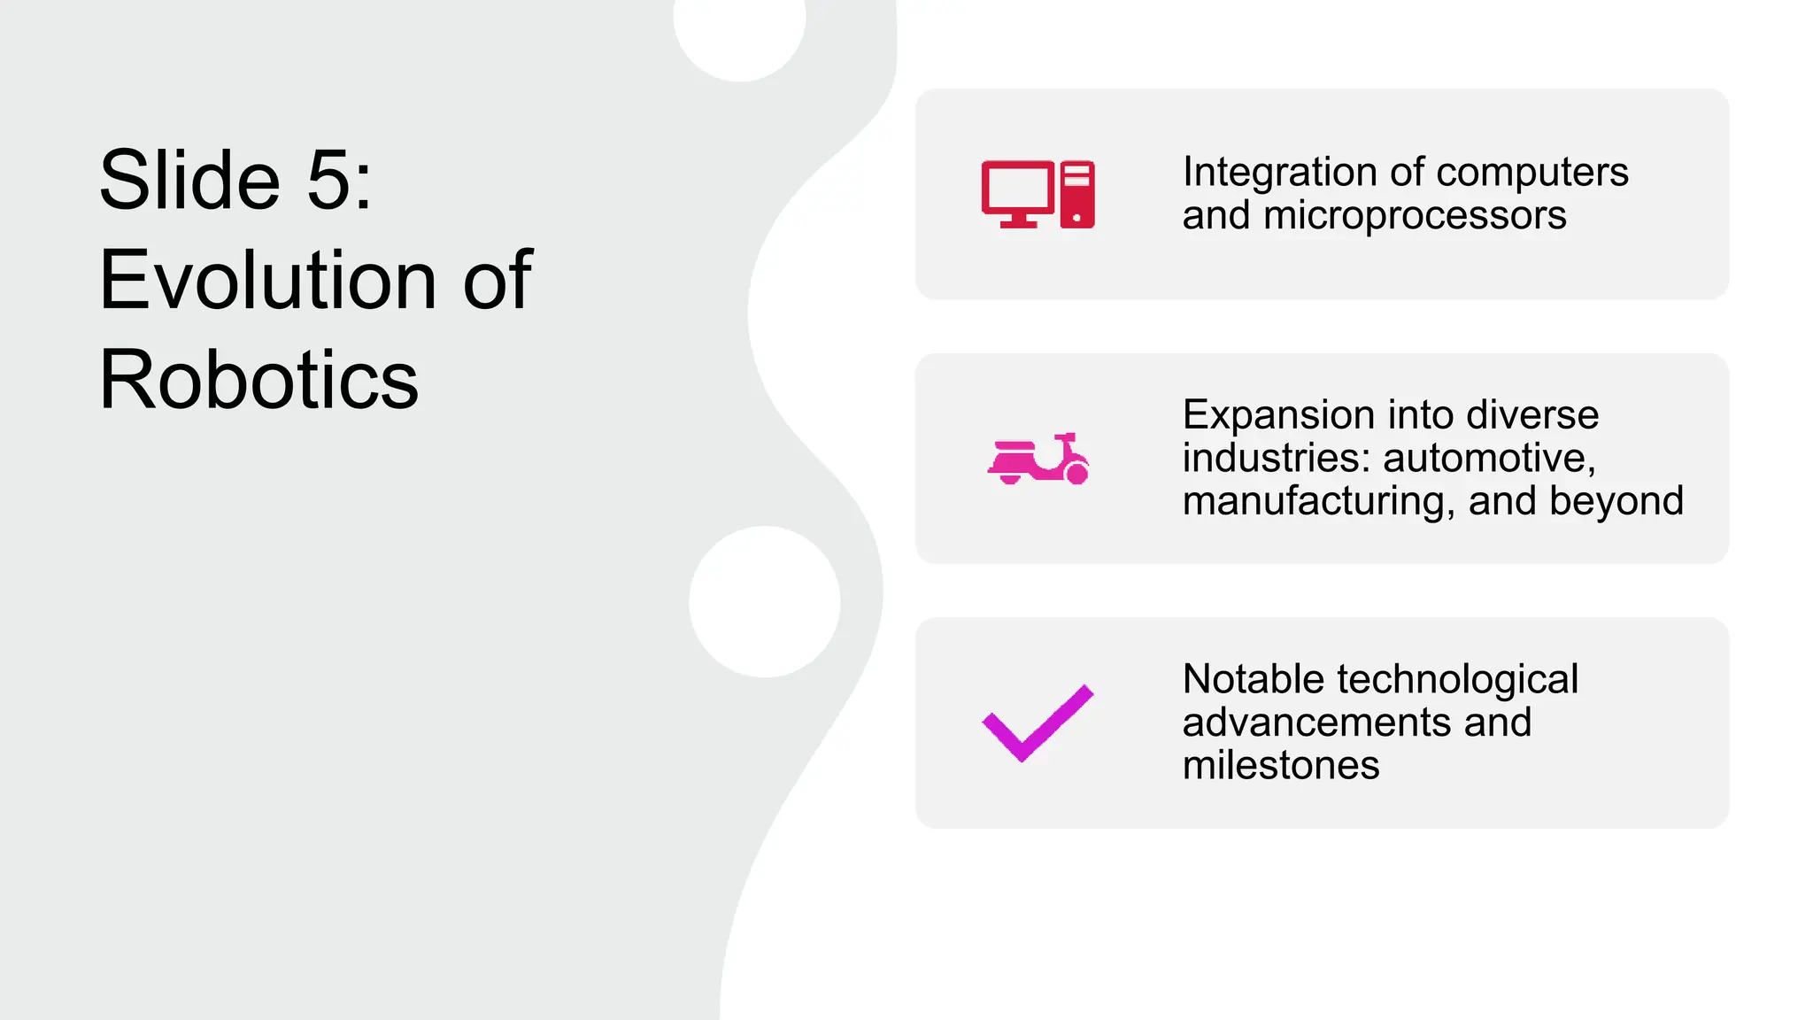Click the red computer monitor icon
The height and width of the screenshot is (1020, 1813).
(x=1018, y=192)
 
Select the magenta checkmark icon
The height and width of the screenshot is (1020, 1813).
(x=1038, y=722)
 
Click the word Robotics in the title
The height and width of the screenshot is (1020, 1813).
(x=258, y=381)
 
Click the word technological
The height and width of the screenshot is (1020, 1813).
(x=1457, y=680)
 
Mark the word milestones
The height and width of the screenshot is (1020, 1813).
(x=1280, y=765)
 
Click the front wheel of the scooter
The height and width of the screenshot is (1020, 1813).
(x=1076, y=474)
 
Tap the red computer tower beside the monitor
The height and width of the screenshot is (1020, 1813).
(x=1076, y=194)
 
